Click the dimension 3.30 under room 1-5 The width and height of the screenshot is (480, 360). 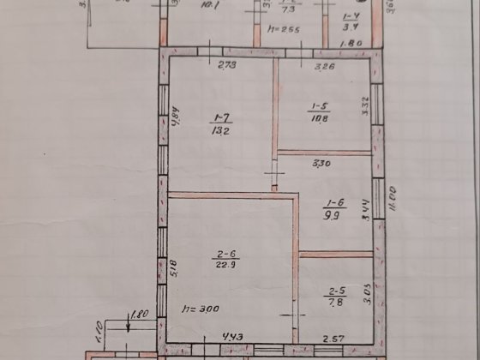coord(321,162)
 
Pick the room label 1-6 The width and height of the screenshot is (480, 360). coord(332,204)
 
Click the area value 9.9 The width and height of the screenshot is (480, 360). coord(333,218)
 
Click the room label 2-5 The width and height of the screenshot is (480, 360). coord(334,291)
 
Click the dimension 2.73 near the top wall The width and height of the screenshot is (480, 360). coord(226,65)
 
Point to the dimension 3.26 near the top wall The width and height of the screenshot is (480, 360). coord(324,65)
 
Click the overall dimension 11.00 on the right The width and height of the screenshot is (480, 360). coord(389,199)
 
